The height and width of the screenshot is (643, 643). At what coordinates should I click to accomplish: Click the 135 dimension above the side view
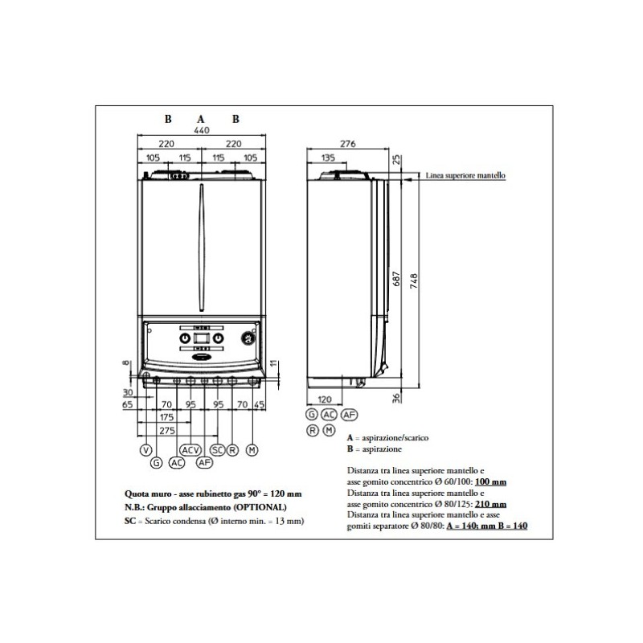[x=328, y=158]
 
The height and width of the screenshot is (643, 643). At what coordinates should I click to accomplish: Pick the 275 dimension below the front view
[x=167, y=431]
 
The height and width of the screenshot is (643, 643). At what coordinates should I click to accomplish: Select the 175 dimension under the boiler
[x=166, y=418]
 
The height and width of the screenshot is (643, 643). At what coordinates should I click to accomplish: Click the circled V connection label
[x=145, y=449]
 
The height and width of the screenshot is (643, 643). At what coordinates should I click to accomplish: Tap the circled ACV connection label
[x=190, y=449]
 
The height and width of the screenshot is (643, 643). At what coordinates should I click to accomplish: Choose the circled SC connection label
[x=217, y=449]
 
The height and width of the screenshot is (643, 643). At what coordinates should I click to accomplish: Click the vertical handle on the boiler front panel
[x=201, y=249]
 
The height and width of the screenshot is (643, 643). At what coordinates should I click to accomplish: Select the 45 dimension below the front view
[x=259, y=405]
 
